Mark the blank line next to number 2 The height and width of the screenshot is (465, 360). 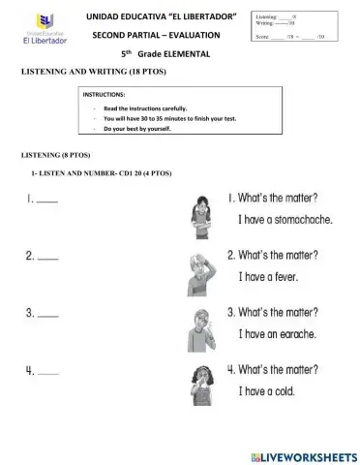pyautogui.click(x=46, y=259)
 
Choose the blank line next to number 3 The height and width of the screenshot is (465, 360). pyautogui.click(x=46, y=316)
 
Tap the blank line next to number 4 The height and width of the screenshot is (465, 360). pyautogui.click(x=46, y=373)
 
